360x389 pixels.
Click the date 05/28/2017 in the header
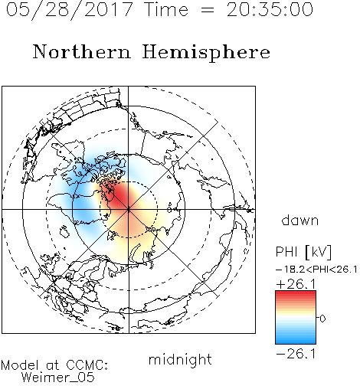coord(69,10)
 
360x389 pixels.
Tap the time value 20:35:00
coord(270,9)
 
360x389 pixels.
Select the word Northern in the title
coord(82,52)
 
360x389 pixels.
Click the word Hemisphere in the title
coord(206,53)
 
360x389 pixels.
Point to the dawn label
coord(300,220)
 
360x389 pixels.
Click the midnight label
coord(180,359)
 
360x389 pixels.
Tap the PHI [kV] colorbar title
coord(303,252)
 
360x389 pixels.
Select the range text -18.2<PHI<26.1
coord(316,270)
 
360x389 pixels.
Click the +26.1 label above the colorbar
coord(296,284)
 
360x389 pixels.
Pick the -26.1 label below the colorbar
coord(296,354)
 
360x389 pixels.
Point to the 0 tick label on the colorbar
coord(322,319)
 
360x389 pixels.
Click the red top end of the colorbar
coord(296,293)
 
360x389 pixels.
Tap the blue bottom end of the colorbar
coord(296,342)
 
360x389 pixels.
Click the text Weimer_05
coord(58,378)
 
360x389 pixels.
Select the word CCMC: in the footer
coord(87,365)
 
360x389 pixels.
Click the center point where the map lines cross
coord(129,210)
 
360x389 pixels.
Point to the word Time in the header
coord(166,9)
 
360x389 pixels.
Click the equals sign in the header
coord(208,11)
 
